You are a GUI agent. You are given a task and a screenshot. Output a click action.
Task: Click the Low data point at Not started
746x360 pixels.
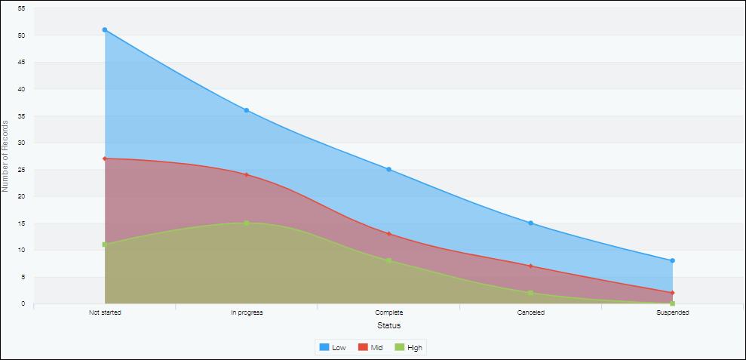pos(105,30)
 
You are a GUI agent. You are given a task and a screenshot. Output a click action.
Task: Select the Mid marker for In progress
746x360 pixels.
pos(247,175)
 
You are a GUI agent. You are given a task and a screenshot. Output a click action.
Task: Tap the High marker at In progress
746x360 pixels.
pos(247,223)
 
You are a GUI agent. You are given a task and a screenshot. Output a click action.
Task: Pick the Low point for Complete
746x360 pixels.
pos(388,170)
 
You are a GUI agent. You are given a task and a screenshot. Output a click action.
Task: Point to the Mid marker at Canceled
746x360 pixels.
pos(531,266)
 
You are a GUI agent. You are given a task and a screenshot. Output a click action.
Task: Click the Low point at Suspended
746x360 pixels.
pos(672,261)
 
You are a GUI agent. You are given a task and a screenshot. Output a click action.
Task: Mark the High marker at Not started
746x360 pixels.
pos(105,245)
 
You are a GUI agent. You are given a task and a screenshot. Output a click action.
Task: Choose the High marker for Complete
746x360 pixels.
pos(388,261)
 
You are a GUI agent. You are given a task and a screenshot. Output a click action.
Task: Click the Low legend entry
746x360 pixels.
pos(333,347)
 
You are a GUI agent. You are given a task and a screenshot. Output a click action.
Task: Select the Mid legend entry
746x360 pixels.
pos(370,347)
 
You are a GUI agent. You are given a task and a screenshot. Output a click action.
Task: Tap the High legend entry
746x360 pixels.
pos(409,347)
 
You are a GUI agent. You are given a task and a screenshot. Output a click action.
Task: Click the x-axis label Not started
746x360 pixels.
pos(105,312)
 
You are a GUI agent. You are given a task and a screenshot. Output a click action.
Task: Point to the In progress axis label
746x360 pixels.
pos(247,312)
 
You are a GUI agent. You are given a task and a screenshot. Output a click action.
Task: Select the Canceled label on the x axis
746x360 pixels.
pos(531,312)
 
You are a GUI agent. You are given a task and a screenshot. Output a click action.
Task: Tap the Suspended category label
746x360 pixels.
pos(672,312)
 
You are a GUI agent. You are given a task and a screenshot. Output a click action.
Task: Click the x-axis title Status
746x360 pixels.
pos(388,325)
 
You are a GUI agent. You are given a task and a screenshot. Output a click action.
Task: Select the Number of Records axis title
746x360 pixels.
pos(6,155)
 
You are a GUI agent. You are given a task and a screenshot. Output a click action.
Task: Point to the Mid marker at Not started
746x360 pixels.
pos(105,158)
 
